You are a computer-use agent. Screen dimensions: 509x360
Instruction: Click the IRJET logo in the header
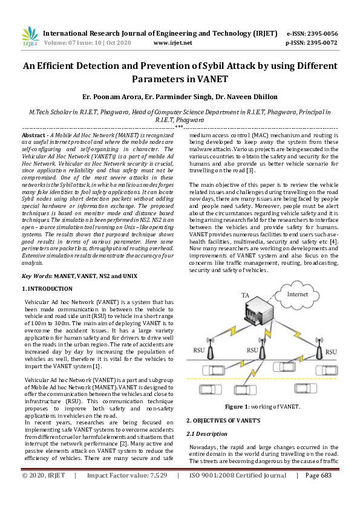click(30, 37)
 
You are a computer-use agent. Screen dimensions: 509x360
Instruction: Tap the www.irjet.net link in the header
click(173, 43)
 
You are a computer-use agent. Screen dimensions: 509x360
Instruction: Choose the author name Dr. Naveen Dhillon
click(242, 96)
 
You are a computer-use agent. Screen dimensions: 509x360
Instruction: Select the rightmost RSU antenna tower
click(321, 348)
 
